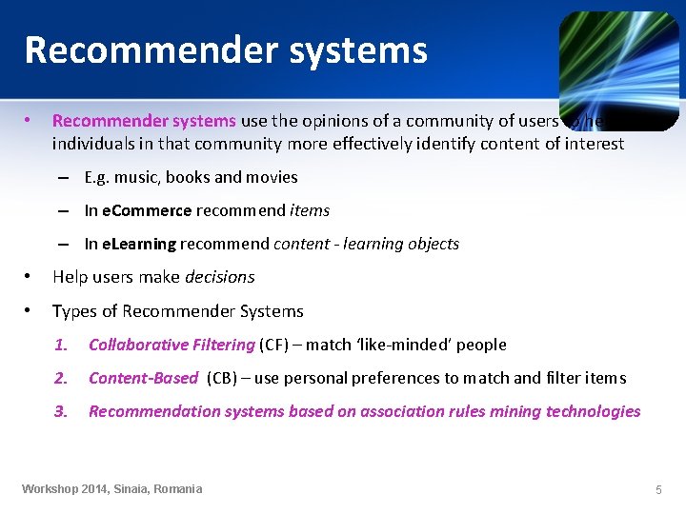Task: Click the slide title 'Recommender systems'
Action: click(x=226, y=49)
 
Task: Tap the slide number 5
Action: click(x=658, y=489)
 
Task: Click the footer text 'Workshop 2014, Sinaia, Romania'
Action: click(x=112, y=489)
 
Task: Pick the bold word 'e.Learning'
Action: click(x=138, y=244)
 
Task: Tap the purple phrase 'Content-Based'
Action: click(x=143, y=378)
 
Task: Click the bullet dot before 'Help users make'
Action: click(x=30, y=277)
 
